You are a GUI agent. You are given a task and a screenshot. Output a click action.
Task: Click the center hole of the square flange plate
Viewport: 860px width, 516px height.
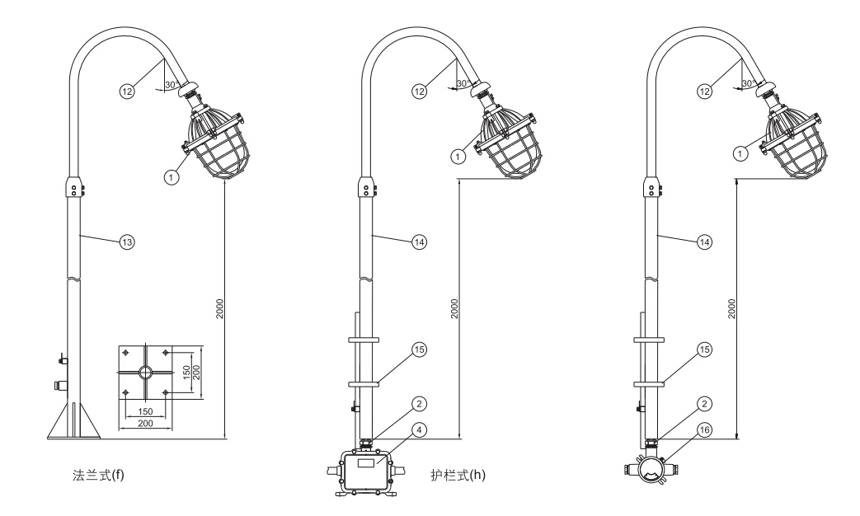tap(144, 372)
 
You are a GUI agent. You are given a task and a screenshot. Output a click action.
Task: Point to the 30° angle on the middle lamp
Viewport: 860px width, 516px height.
tap(464, 84)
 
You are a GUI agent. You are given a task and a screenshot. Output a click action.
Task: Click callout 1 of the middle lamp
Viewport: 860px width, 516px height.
tap(457, 153)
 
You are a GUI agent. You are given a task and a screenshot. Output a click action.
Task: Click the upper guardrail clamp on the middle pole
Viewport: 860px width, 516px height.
tap(363, 338)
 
